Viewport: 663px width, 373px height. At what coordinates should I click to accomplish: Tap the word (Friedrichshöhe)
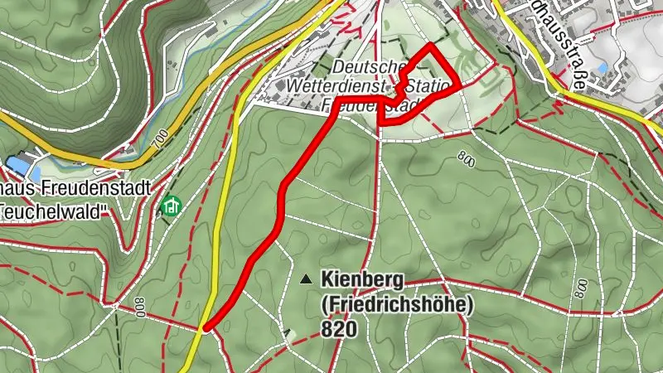[396, 304]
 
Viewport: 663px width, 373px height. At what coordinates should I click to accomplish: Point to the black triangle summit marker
[307, 279]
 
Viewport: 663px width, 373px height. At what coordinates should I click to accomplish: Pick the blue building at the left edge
[18, 165]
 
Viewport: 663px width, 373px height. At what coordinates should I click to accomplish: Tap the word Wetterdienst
[335, 85]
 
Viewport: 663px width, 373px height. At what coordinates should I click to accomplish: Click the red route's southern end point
[205, 327]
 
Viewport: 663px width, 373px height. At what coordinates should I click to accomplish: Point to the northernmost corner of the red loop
[431, 46]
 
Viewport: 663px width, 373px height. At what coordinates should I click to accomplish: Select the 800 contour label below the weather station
[465, 157]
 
